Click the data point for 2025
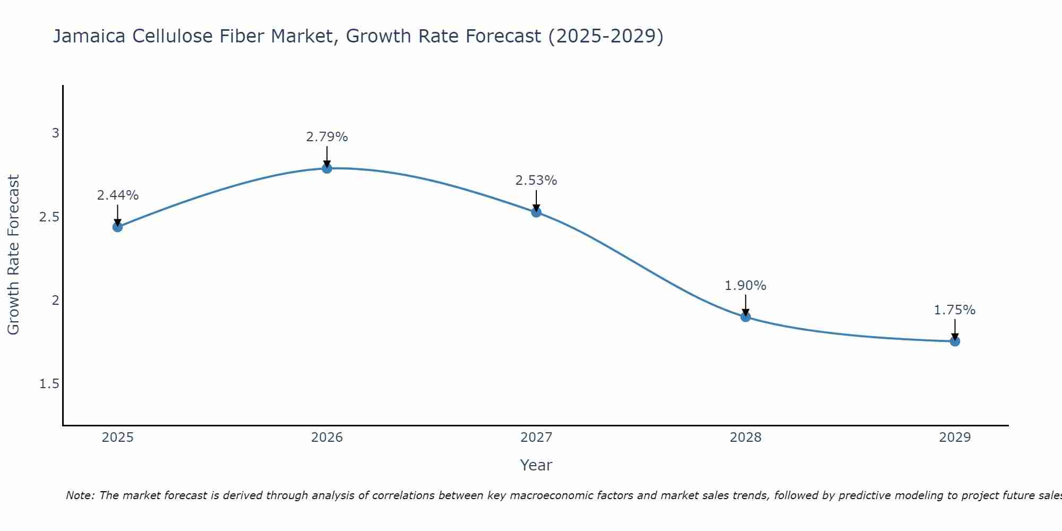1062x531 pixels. [117, 227]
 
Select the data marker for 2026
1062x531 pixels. [327, 168]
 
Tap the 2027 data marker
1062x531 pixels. [536, 212]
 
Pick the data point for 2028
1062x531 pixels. [746, 317]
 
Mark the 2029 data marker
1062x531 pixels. [955, 341]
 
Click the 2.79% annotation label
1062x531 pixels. [327, 137]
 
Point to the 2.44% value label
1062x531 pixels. [117, 195]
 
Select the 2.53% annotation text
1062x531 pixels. [536, 181]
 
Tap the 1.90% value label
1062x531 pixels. [746, 286]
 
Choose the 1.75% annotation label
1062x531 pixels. [955, 310]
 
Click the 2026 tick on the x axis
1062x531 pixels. [327, 438]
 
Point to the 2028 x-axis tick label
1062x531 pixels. [746, 438]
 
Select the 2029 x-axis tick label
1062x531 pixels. [955, 438]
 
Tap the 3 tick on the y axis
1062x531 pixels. [55, 133]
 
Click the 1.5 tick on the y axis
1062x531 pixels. [49, 384]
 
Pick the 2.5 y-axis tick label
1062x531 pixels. [49, 217]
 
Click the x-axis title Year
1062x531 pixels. [536, 465]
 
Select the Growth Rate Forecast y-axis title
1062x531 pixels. [13, 255]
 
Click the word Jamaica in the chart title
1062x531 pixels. [89, 36]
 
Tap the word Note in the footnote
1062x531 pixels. [80, 495]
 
